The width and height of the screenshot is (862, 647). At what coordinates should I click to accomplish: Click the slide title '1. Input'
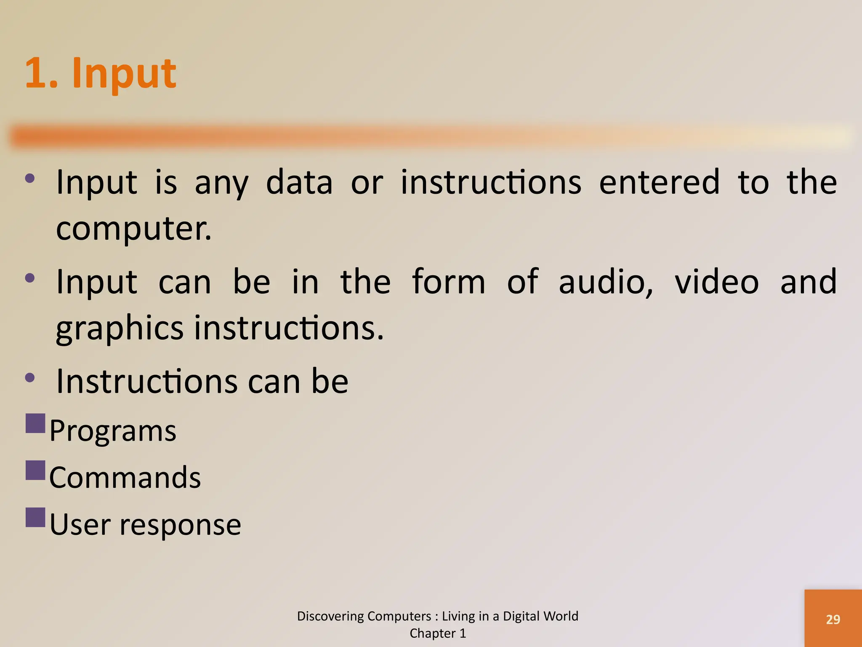click(101, 73)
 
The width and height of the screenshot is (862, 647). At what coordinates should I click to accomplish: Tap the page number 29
click(833, 619)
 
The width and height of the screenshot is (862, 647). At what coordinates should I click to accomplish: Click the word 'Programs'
click(113, 431)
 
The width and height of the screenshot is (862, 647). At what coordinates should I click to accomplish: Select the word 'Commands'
click(125, 478)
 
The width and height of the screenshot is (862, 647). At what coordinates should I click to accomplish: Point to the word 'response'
click(181, 525)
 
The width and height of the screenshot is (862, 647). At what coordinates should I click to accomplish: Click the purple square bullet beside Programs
click(35, 423)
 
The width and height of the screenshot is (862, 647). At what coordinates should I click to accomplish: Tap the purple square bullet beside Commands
click(35, 470)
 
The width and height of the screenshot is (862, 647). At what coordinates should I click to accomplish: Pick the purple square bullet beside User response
click(35, 517)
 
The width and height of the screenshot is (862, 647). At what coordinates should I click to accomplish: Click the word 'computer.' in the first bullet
click(134, 229)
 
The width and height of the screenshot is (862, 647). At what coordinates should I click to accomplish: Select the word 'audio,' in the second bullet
click(606, 282)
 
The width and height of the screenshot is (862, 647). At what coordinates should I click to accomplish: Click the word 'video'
click(717, 282)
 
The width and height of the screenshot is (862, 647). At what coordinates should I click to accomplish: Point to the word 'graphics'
click(120, 329)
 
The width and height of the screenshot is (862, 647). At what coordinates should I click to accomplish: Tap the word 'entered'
click(659, 182)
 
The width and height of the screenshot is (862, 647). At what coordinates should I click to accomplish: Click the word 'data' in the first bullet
click(299, 182)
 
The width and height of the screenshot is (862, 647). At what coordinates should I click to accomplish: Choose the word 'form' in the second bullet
click(449, 282)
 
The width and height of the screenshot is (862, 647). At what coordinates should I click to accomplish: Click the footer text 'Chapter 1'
click(438, 633)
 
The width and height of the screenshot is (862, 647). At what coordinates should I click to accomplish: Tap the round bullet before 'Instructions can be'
click(30, 377)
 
